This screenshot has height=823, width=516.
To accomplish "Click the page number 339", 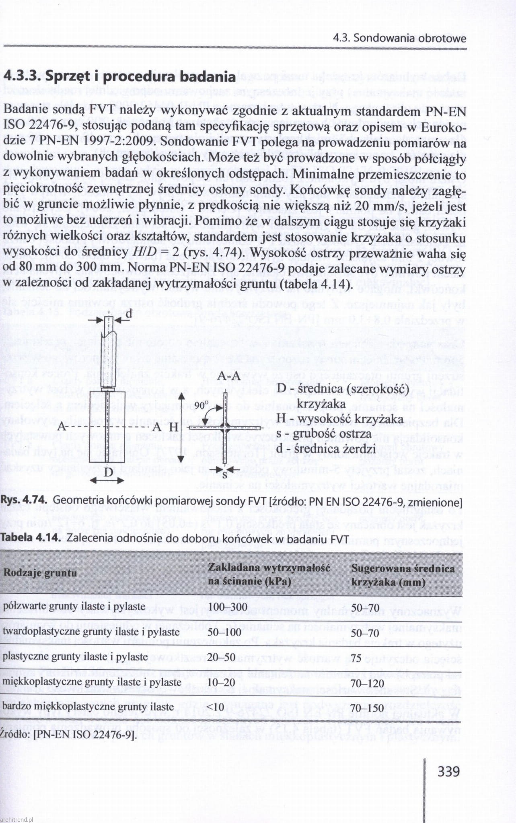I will (x=448, y=771).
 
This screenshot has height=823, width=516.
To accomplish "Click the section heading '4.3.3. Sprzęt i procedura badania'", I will (x=119, y=76).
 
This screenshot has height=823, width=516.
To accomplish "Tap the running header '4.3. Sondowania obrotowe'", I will (x=399, y=39).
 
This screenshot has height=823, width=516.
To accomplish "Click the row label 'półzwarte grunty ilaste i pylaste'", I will (x=74, y=606).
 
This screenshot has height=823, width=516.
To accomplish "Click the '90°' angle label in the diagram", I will (x=201, y=404).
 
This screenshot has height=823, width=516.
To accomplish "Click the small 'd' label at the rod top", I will (x=129, y=314).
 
